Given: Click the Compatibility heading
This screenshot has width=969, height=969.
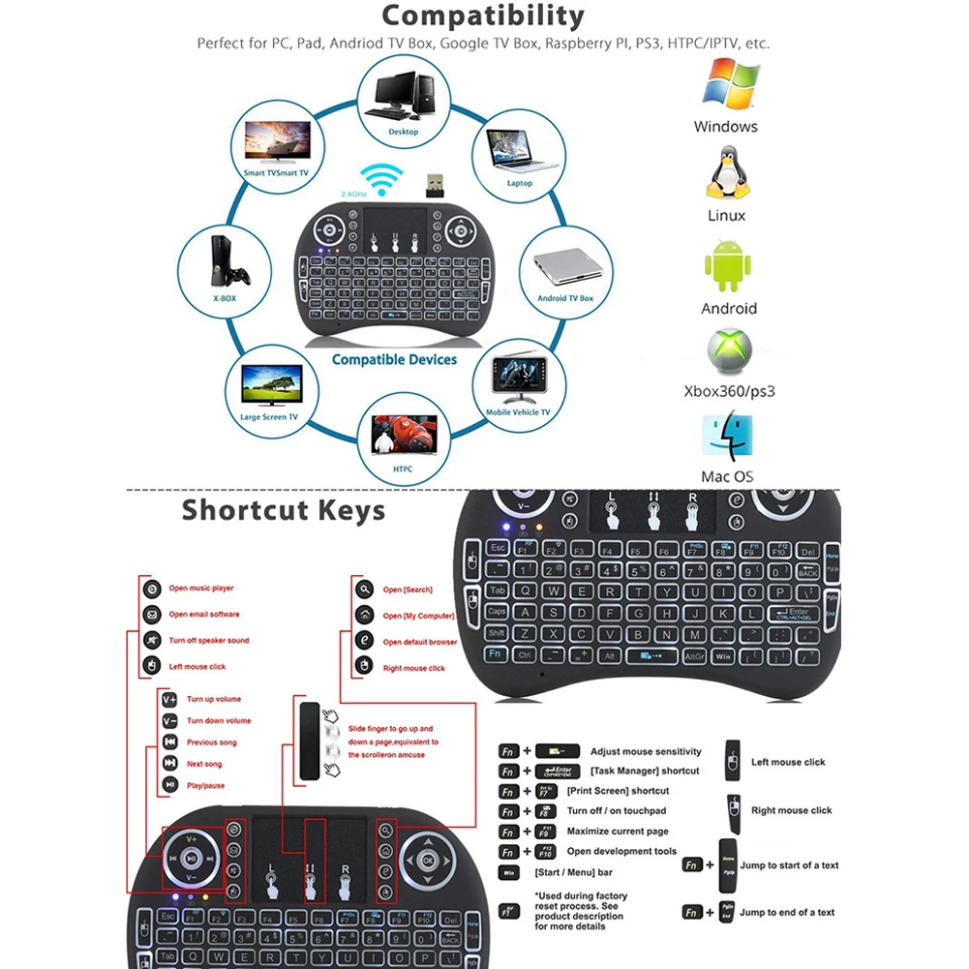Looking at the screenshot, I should coord(483,16).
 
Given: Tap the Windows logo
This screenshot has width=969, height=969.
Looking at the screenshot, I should coord(729,84).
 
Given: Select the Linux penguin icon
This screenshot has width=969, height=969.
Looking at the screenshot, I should coord(727,174).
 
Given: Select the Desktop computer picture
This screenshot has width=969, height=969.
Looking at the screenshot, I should coord(404,95).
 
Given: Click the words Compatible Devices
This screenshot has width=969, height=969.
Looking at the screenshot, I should coord(394,359).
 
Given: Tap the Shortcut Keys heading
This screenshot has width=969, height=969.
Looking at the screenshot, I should coord(283,509).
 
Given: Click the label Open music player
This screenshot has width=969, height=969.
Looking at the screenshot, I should coord(201,589).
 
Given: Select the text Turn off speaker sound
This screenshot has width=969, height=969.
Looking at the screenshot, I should coord(209,641).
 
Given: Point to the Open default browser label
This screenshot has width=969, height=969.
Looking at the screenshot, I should coord(419,642).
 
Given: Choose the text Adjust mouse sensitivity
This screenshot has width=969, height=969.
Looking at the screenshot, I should coord(646,751).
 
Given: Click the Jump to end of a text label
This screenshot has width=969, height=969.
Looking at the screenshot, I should coord(787,912).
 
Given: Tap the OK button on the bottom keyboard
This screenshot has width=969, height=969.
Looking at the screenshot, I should coord(426,859).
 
